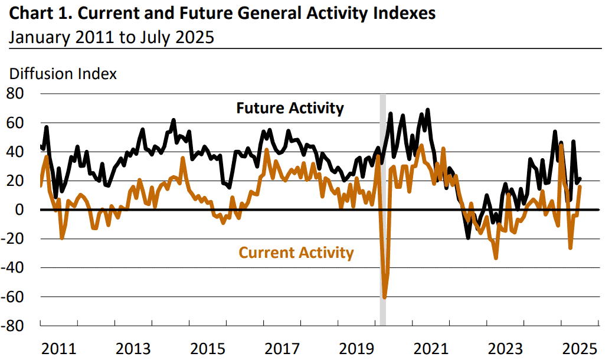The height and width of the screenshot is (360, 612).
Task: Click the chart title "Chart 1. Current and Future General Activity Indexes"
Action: point(222,13)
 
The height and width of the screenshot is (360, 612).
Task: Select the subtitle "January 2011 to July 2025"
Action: point(112,38)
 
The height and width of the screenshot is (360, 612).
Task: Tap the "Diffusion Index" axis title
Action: point(63,74)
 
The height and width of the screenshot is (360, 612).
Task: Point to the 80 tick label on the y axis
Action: point(15,93)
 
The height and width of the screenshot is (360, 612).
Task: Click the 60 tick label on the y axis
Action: point(15,123)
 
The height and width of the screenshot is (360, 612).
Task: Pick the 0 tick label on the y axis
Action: point(19,210)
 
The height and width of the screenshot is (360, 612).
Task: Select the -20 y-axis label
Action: point(12,238)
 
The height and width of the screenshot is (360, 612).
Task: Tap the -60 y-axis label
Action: point(12,297)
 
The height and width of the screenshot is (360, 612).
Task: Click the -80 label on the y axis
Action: point(12,326)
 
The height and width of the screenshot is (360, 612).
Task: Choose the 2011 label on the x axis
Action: point(58,349)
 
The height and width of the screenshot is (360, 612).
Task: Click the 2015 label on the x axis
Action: point(208,349)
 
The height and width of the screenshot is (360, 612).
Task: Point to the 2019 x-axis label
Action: point(356,349)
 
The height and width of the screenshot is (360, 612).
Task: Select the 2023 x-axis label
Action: point(505,349)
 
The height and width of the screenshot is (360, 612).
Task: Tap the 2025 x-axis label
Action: point(580,349)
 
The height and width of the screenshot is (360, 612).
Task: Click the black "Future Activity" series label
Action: point(290,108)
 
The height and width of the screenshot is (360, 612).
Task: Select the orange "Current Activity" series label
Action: point(296,253)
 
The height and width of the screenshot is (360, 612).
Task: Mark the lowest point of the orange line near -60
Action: point(384,297)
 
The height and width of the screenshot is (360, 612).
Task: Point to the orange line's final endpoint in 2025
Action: point(580,186)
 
